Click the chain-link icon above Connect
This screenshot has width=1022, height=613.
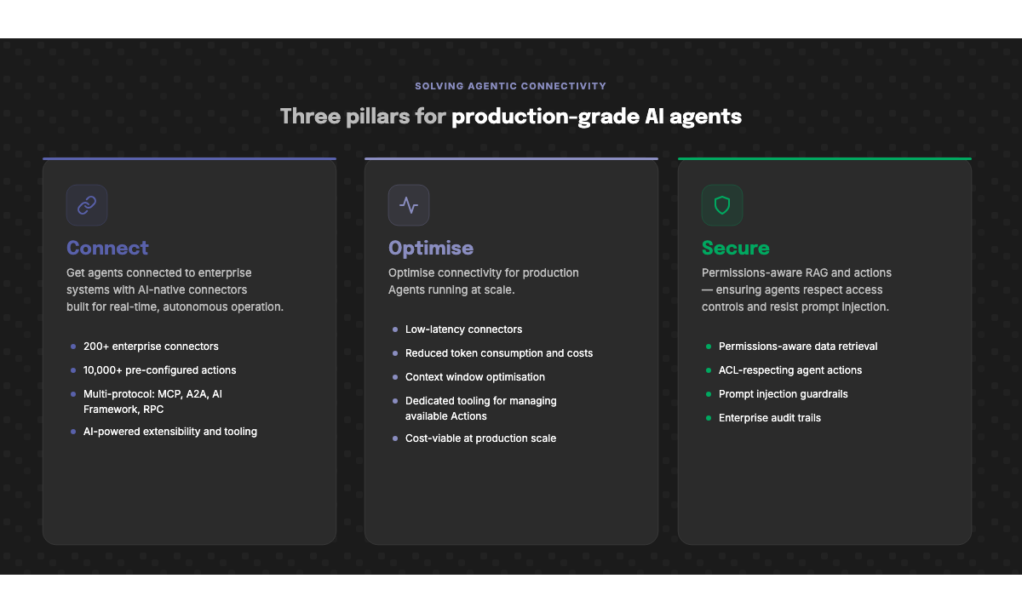pyautogui.click(x=87, y=205)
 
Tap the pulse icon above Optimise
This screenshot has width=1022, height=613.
pyautogui.click(x=409, y=205)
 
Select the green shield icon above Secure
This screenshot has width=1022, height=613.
pyautogui.click(x=722, y=205)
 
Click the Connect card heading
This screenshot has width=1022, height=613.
pyautogui.click(x=107, y=248)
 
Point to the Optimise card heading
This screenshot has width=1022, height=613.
pyautogui.click(x=431, y=248)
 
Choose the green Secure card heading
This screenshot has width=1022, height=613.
pyautogui.click(x=736, y=248)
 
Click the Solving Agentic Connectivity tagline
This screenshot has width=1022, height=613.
pyautogui.click(x=511, y=86)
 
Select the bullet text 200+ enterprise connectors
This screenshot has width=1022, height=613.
pyautogui.click(x=151, y=347)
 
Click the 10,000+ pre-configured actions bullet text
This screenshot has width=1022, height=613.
pyautogui.click(x=159, y=370)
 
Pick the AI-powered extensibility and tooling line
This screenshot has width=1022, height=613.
pyautogui.click(x=169, y=432)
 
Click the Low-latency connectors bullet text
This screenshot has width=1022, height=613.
pyautogui.click(x=463, y=329)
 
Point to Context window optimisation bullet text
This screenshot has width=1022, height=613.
pyautogui.click(x=474, y=377)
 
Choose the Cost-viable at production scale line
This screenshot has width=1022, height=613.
pyautogui.click(x=480, y=438)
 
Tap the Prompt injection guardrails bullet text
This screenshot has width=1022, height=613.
pyautogui.click(x=783, y=394)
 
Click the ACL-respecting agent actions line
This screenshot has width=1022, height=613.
pyautogui.click(x=789, y=370)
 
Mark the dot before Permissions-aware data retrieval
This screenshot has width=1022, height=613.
pyautogui.click(x=708, y=347)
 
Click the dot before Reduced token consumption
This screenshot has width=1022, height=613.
pyautogui.click(x=394, y=353)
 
